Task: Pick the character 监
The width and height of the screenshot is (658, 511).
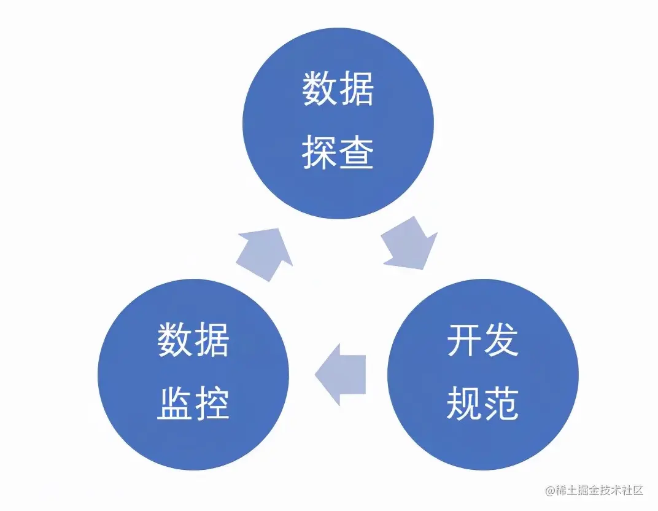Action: point(175,404)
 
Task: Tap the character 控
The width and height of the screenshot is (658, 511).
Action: point(212,404)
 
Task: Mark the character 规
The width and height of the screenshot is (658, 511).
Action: point(465,404)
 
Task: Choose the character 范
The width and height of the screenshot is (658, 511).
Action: point(501,404)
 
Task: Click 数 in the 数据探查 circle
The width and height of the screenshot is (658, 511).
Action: point(320,90)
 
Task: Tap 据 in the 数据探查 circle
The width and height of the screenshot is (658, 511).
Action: point(357,90)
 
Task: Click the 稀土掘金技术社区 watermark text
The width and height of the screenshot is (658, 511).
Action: point(600,491)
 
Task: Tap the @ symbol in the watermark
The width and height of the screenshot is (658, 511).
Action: point(550,491)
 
